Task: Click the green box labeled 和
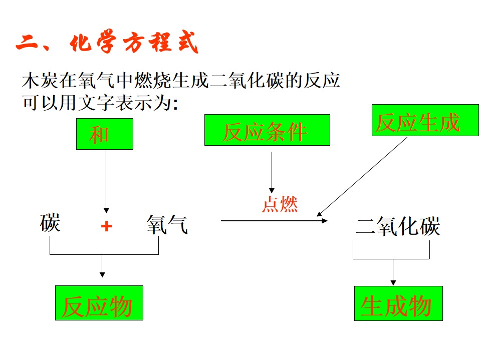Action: tap(105, 134)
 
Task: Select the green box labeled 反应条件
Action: tap(267, 130)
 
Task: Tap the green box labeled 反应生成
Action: tap(425, 120)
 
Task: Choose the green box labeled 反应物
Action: tap(99, 303)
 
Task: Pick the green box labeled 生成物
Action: tap(398, 303)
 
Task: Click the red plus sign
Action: tap(106, 226)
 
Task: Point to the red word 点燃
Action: tap(280, 204)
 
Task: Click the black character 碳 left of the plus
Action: tap(50, 223)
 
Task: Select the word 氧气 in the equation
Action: tap(167, 224)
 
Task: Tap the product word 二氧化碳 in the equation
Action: tap(398, 226)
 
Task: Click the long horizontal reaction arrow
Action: tap(274, 220)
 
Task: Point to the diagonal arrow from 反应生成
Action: tap(362, 177)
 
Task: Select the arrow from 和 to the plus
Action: tap(106, 181)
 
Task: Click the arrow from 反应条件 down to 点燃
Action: tap(272, 172)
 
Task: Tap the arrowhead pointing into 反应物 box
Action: tap(102, 275)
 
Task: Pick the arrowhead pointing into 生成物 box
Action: tap(393, 283)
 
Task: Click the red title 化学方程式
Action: tap(134, 43)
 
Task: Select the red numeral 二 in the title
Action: tap(27, 43)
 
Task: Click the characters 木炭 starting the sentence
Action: tap(40, 81)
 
